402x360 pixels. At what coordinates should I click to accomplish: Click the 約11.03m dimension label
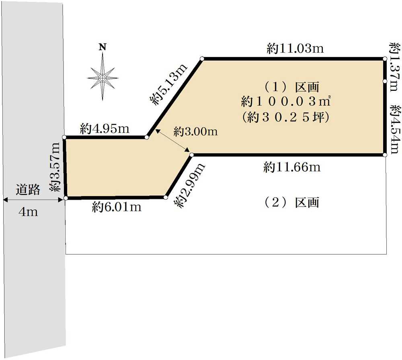pos(295,49)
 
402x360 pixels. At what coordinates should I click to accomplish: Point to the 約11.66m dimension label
pos(292,167)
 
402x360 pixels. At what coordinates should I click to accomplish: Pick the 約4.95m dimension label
pos(105,129)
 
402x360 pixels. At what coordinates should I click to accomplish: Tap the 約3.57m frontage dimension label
pos(55,167)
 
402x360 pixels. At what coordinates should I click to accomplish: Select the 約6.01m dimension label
pos(117,207)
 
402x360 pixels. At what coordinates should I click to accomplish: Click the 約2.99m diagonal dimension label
pos(189,185)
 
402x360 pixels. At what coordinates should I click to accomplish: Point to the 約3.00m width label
pos(195,132)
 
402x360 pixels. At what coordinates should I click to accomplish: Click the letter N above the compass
pos(103,47)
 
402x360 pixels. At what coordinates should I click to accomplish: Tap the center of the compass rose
pos(103,78)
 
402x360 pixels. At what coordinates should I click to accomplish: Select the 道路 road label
pos(28,190)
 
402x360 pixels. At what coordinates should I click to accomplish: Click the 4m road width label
pos(28,212)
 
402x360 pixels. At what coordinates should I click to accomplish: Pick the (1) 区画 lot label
pos(292,87)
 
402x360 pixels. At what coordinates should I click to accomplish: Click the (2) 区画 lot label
pos(292,202)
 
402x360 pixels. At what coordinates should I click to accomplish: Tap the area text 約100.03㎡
pos(285,102)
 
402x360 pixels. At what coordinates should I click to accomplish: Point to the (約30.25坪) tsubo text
pos(285,117)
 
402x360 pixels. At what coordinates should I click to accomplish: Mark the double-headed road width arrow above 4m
pos(33,200)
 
